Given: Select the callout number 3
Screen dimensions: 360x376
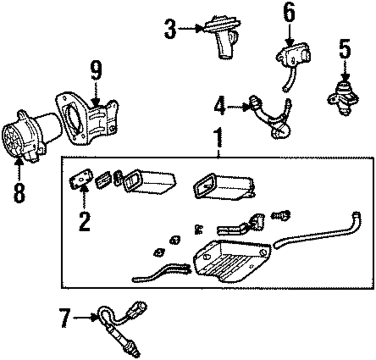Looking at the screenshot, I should [170, 29].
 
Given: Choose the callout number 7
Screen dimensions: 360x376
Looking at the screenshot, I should [65, 318].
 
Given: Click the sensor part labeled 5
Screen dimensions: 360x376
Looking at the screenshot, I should [343, 97].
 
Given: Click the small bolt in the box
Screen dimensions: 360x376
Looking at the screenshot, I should [282, 216].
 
